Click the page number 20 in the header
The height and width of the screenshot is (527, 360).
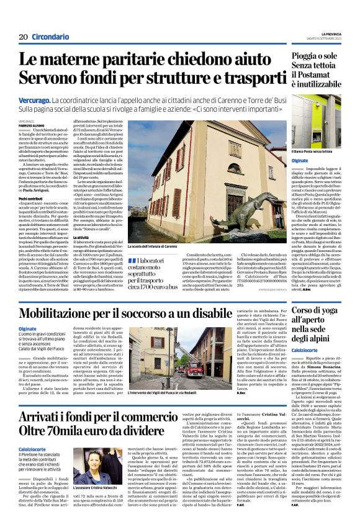[x=22, y=37]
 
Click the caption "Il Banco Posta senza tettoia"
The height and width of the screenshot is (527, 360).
[x=313, y=151]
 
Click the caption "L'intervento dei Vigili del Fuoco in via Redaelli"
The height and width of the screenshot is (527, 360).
[x=171, y=394]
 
